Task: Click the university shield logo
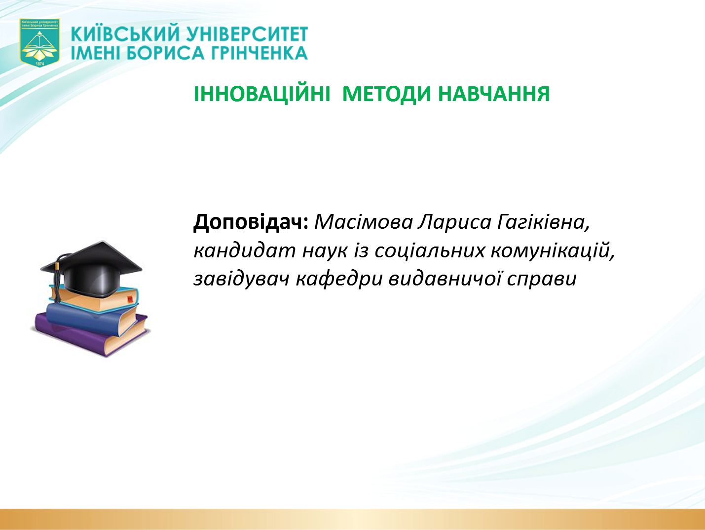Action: [40, 43]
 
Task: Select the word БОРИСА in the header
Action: [166, 53]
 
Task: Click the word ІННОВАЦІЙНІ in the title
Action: [262, 94]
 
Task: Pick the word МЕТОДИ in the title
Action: [387, 94]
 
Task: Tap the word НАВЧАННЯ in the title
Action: [494, 94]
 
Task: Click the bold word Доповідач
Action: [251, 222]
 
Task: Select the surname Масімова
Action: [364, 222]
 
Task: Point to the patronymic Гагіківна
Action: [544, 222]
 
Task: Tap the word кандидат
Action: [245, 250]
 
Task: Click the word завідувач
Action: [241, 279]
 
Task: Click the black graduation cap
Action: [92, 268]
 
